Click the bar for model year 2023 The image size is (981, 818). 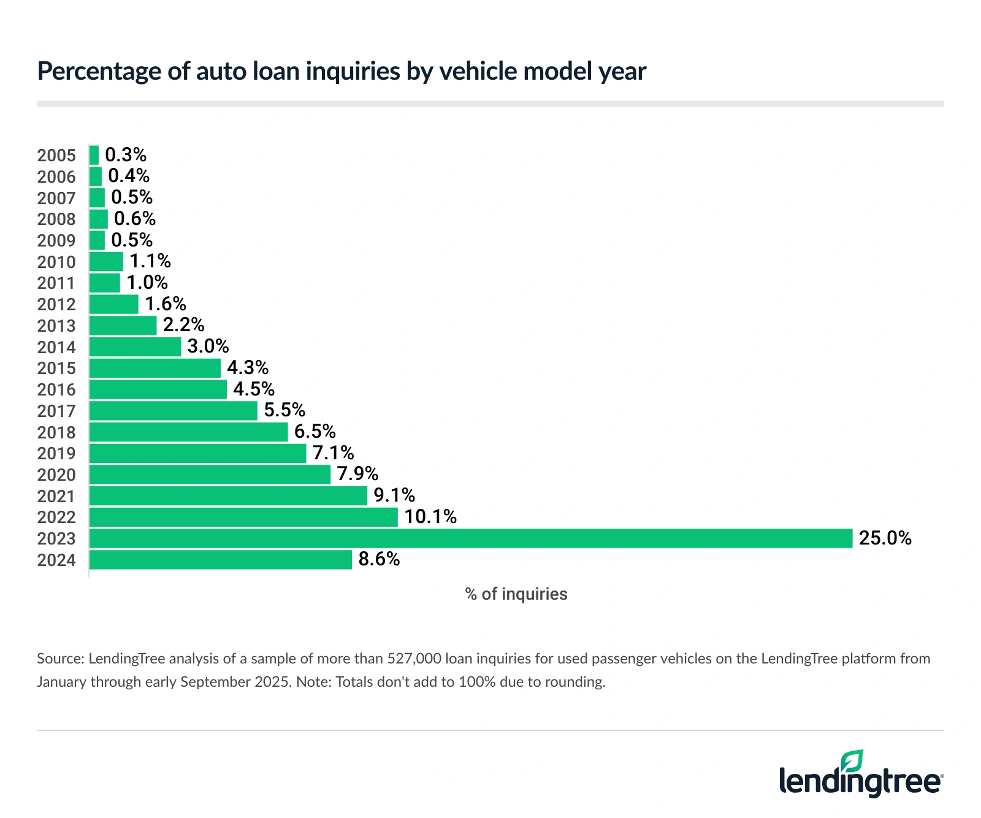pos(470,538)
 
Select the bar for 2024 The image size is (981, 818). pos(221,560)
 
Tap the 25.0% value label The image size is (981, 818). pos(885,538)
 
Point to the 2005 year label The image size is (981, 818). pos(56,156)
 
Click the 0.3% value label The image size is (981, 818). pos(126,155)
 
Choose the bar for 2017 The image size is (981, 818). pos(174,411)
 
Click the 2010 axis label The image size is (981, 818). pos(56,262)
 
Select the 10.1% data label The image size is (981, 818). pos(430,517)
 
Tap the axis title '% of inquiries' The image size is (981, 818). pos(516,594)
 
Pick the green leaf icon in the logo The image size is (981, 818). pos(852,760)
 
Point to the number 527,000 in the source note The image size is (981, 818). pos(414,659)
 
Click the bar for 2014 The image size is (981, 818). pos(135,347)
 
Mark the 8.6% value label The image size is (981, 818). pos(379,559)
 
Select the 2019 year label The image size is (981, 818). pos(56,454)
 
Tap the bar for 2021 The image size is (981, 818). pos(228,495)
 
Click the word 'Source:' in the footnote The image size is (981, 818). pos(60,659)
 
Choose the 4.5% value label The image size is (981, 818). pos(254,389)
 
